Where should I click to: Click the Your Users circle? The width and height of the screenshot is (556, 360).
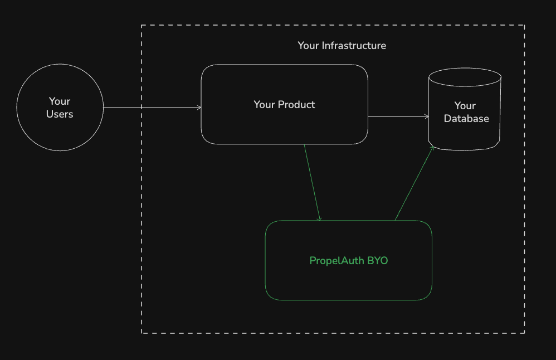pos(60,108)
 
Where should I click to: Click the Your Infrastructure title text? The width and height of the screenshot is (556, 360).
pos(342,46)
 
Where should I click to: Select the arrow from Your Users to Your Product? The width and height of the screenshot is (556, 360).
pos(150,108)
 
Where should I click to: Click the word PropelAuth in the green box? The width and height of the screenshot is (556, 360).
pos(336,261)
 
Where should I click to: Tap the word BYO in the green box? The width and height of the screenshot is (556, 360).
pos(377,261)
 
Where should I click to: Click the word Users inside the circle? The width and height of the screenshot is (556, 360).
pos(60,114)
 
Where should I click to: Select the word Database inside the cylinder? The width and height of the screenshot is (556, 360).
pos(466,119)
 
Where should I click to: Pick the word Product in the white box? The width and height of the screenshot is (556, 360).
pos(296,105)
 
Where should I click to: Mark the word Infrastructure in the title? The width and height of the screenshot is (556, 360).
pos(354,46)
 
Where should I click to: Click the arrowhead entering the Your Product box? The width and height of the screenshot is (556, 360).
pos(199,108)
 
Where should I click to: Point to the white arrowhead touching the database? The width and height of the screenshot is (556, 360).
pos(427,116)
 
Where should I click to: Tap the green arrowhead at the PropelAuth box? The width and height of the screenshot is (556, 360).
pos(320,219)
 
